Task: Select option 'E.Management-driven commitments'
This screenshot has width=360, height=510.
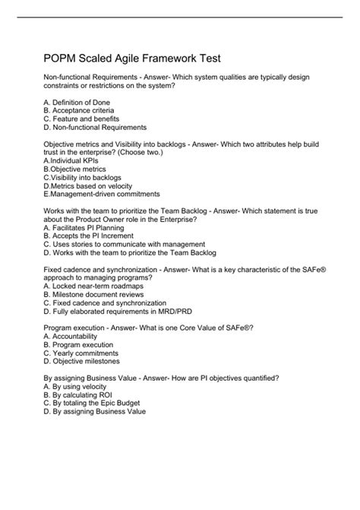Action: pyautogui.click(x=102, y=195)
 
